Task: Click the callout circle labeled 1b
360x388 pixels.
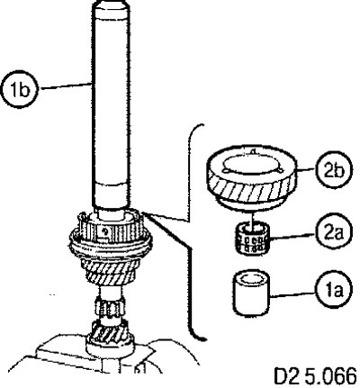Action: [20, 90]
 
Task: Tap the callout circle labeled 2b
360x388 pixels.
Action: [333, 169]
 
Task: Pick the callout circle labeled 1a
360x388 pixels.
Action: [333, 291]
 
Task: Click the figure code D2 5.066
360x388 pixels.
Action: [316, 375]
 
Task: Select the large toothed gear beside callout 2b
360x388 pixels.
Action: [251, 178]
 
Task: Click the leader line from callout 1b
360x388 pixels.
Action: [66, 86]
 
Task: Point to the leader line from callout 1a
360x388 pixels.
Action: [292, 293]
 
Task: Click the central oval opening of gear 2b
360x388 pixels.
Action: [250, 165]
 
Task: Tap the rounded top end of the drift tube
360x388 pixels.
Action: [112, 5]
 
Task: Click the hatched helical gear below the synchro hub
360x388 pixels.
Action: [111, 273]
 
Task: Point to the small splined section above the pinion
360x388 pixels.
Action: [109, 308]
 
